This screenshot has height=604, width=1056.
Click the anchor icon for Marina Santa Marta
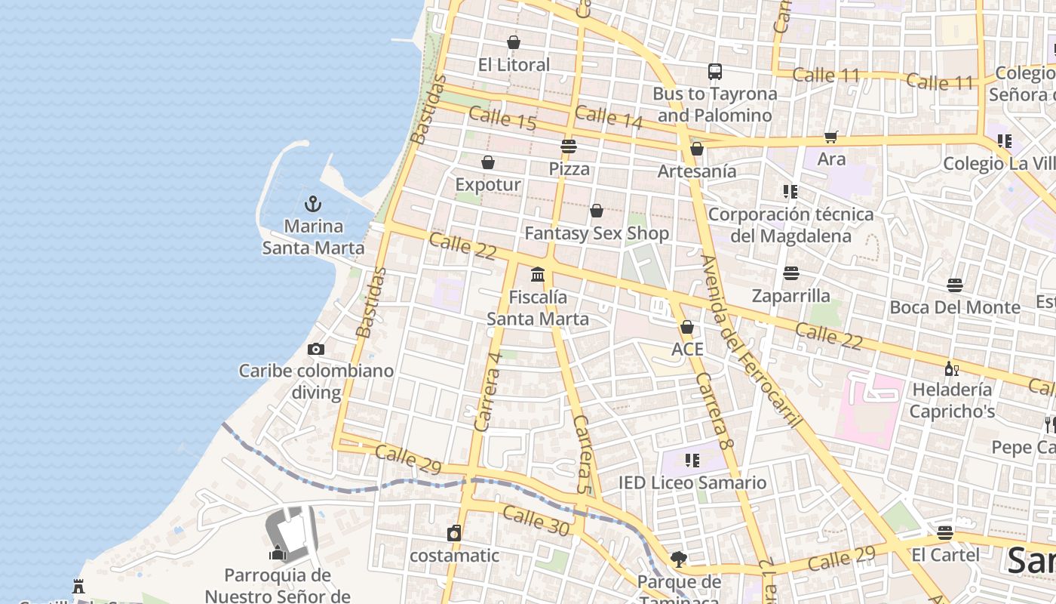pyautogui.click(x=312, y=203)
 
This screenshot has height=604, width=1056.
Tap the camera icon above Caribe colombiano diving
pyautogui.click(x=316, y=349)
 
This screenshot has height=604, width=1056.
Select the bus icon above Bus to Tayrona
pyautogui.click(x=715, y=72)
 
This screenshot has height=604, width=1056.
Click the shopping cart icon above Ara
pyautogui.click(x=831, y=137)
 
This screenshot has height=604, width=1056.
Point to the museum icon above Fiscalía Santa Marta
pyautogui.click(x=538, y=274)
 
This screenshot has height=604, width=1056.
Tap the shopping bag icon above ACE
pyautogui.click(x=687, y=327)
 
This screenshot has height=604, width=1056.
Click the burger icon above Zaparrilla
pyautogui.click(x=790, y=273)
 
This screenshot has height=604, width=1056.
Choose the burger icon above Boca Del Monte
pyautogui.click(x=955, y=285)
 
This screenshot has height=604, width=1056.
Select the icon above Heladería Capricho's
pyautogui.click(x=952, y=368)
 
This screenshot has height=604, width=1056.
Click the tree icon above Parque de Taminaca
pyautogui.click(x=679, y=559)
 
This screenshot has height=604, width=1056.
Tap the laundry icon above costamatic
pyautogui.click(x=454, y=533)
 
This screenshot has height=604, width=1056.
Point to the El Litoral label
pyautogui.click(x=514, y=65)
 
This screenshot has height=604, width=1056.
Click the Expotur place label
pyautogui.click(x=488, y=185)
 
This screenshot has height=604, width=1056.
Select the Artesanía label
pyautogui.click(x=697, y=171)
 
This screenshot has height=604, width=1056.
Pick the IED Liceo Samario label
pyautogui.click(x=692, y=482)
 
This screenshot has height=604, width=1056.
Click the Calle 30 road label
pyautogui.click(x=536, y=522)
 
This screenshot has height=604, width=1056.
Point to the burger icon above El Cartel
pyautogui.click(x=945, y=533)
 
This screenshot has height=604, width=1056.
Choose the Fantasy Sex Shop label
pyautogui.click(x=597, y=233)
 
